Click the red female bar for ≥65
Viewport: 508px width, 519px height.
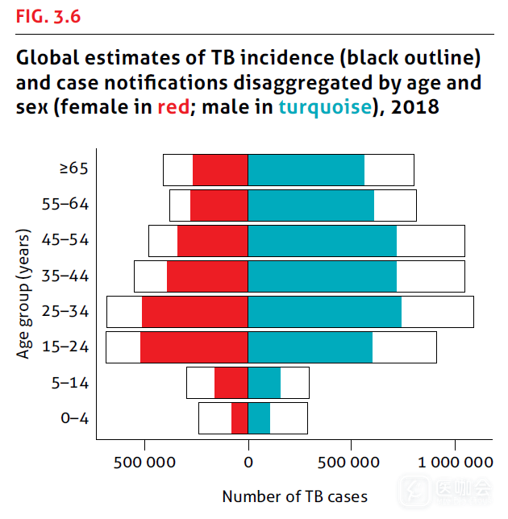[220, 169]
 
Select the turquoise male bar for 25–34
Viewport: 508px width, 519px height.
[324, 311]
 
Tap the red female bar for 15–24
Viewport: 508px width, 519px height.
[194, 347]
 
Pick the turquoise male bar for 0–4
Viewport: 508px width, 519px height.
[259, 417]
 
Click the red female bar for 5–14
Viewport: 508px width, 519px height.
[231, 382]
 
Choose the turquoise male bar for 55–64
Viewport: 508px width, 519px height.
[310, 205]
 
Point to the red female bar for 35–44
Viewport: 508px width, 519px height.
[207, 276]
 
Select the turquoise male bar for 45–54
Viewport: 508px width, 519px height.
[322, 240]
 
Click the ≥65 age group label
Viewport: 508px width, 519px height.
[73, 168]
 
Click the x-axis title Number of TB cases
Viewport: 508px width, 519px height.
[294, 496]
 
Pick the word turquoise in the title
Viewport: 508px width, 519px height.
[327, 106]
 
